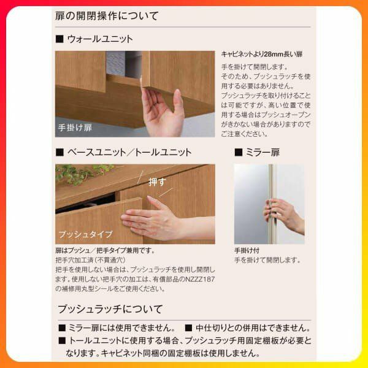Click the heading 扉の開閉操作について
[107, 16]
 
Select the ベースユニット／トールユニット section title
[129, 152]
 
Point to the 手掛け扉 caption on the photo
[75, 128]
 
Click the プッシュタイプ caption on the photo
[85, 234]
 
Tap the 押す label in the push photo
[157, 182]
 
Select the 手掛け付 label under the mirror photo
[247, 251]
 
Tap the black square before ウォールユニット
[59, 39]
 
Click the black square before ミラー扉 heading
[239, 152]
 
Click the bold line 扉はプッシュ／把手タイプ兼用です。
[105, 251]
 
